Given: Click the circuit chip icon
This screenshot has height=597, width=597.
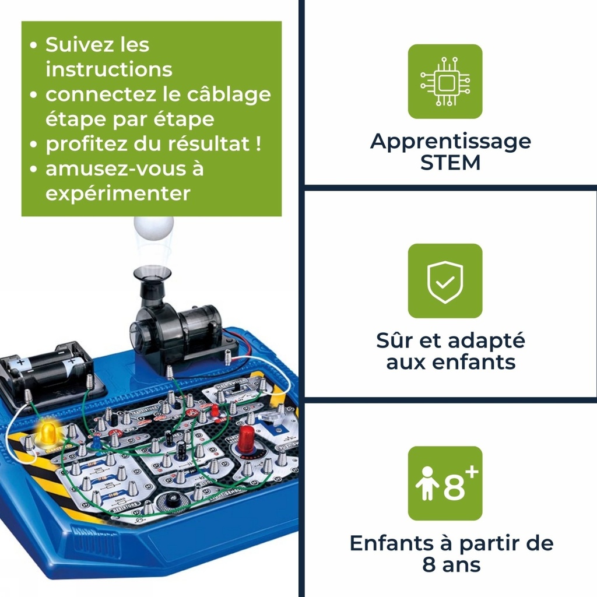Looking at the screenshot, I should (445, 82).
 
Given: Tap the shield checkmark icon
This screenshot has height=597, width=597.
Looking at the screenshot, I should (445, 281).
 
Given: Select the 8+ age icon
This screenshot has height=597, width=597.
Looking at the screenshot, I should (445, 483).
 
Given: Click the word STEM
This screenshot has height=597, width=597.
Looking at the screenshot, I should (450, 163).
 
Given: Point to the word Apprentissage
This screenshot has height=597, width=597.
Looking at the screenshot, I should (450, 141).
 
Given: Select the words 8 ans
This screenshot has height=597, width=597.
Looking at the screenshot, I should (450, 564).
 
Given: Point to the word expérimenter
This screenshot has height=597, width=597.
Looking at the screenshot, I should (118, 194).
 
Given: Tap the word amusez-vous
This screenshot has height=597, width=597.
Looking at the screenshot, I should (117, 169).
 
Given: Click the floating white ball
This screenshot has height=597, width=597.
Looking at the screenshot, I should (153, 227).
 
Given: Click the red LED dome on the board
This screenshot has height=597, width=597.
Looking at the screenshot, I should (246, 436).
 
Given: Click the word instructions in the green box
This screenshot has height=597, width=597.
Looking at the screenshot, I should (109, 69).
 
